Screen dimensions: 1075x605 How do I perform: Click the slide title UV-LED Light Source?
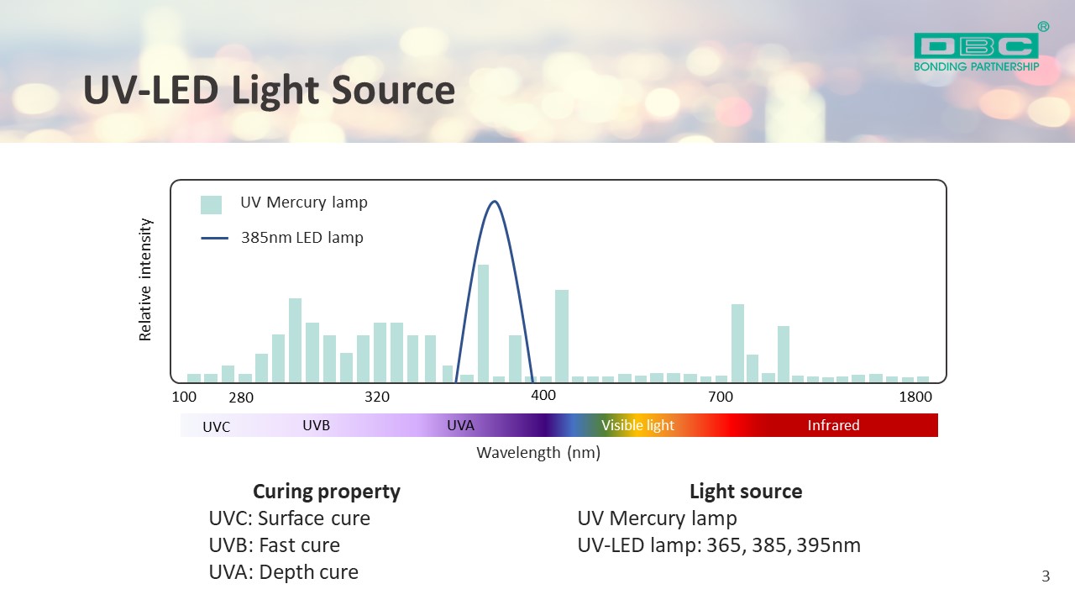[x=269, y=90]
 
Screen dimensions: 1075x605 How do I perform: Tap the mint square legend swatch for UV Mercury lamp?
[x=211, y=204]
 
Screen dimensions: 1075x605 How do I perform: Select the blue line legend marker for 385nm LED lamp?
[x=214, y=238]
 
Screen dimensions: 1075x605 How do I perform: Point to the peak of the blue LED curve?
[x=495, y=201]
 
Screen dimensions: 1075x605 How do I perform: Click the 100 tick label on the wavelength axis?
[x=184, y=397]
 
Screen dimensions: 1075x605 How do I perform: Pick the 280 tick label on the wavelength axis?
[x=241, y=397]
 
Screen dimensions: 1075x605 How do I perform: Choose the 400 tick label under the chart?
[x=543, y=395]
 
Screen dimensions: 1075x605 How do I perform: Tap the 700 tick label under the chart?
[x=721, y=397]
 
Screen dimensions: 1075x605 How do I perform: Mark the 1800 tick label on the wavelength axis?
[x=915, y=397]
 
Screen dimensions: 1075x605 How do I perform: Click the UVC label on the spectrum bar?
[x=217, y=427]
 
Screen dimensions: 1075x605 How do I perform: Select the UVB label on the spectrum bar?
[x=317, y=425]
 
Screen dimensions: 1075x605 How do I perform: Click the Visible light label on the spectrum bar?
[x=637, y=425]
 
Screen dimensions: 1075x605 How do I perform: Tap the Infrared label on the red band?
[x=834, y=425]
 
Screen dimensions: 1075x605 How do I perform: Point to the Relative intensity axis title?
[x=145, y=280]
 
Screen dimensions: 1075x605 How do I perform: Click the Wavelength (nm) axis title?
[x=538, y=452]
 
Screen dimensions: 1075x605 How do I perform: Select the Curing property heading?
[x=327, y=492]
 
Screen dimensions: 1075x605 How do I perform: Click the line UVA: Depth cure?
[x=284, y=572]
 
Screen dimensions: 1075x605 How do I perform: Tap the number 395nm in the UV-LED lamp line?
[x=828, y=545]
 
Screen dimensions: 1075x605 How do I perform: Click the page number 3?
[x=1046, y=576]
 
